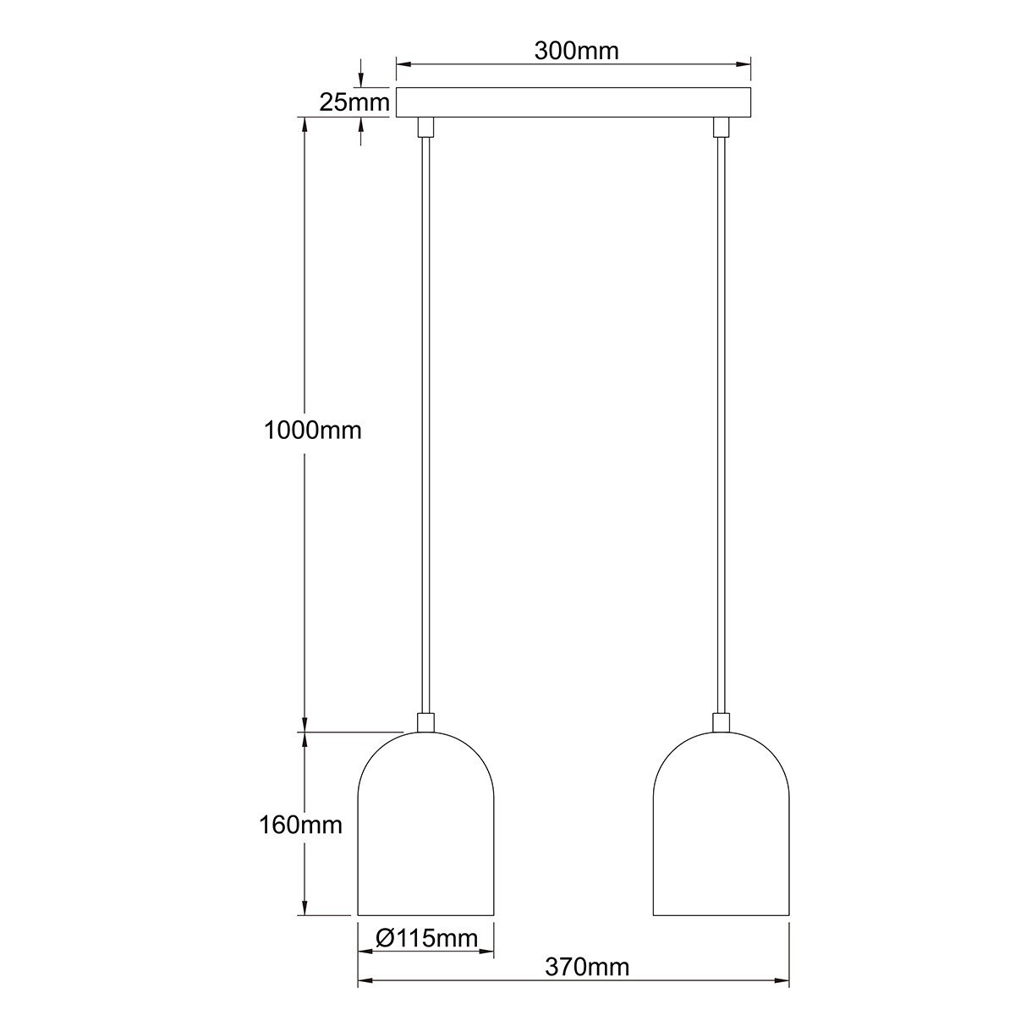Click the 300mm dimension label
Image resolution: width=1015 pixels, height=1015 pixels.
pyautogui.click(x=576, y=51)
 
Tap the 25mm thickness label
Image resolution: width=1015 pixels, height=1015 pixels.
pyautogui.click(x=354, y=102)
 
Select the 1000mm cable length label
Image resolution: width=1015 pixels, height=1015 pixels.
pyautogui.click(x=312, y=430)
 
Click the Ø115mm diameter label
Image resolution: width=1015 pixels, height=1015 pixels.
pyautogui.click(x=426, y=937)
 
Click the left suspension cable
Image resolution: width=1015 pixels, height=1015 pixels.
pyautogui.click(x=426, y=423)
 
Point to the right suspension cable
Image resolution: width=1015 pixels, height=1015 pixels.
pyautogui.click(x=721, y=423)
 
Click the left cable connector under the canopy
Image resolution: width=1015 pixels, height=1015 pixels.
pyautogui.click(x=426, y=127)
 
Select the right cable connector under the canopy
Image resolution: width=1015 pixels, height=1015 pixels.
pyautogui.click(x=721, y=127)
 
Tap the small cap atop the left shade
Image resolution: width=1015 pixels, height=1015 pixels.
pyautogui.click(x=426, y=722)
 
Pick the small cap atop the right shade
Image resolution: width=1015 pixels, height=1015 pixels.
pyautogui.click(x=721, y=722)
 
